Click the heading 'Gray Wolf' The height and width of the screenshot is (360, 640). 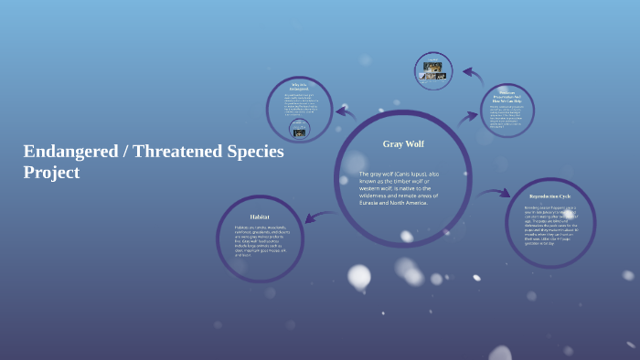(x=402, y=143)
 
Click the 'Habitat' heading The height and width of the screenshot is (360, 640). (x=260, y=217)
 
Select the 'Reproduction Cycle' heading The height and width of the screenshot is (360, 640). (x=549, y=196)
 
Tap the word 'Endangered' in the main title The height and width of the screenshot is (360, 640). (x=70, y=151)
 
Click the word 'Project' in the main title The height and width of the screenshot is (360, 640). (x=51, y=172)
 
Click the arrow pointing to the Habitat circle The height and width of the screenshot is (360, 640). (x=319, y=217)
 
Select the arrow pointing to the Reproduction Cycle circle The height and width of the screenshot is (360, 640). (x=494, y=193)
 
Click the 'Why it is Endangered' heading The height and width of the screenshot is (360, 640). (x=299, y=87)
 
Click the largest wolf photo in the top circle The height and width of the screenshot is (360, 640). (x=434, y=67)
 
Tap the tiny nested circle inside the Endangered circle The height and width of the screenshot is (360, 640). (x=298, y=128)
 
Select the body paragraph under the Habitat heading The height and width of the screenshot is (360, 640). (x=261, y=241)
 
